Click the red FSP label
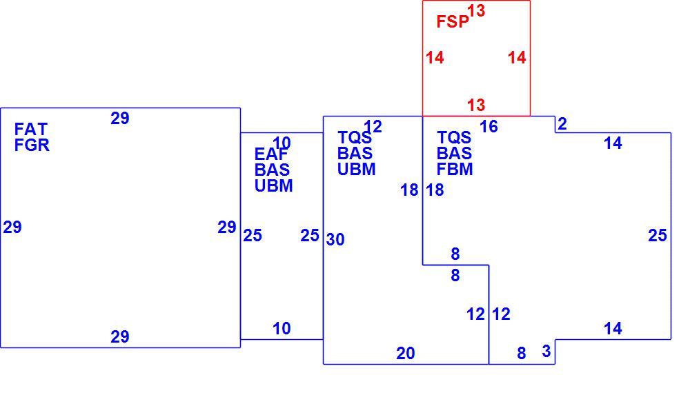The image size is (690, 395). tap(453, 21)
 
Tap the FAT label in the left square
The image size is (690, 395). tap(31, 130)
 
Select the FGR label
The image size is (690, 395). tap(32, 145)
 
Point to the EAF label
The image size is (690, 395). tap(271, 154)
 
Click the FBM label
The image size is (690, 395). tap(455, 170)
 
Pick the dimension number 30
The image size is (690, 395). tap(335, 240)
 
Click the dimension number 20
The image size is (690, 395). tap(405, 353)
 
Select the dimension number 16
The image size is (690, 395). tap(489, 127)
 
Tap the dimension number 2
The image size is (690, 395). tap(562, 124)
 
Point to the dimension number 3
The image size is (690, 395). tap(546, 352)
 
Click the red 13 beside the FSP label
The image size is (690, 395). tap(476, 10)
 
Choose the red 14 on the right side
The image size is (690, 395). tap(517, 58)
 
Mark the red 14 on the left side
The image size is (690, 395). tap(435, 58)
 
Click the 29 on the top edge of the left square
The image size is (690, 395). tap(119, 119)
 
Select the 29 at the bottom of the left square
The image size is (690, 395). tap(119, 337)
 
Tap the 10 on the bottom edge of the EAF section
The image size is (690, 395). tap(282, 329)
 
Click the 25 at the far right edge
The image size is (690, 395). tap(658, 236)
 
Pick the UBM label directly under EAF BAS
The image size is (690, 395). tap(274, 186)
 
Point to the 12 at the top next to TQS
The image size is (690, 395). tap(373, 127)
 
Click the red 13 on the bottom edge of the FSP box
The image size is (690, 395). tap(476, 105)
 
